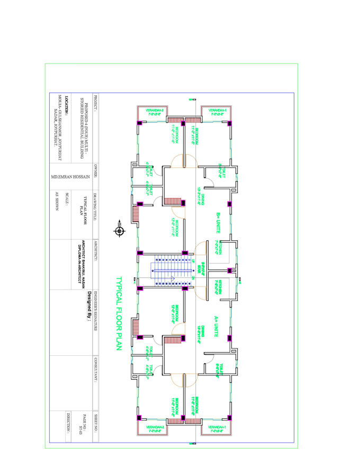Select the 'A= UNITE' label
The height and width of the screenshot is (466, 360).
217,326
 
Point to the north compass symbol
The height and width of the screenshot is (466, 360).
119,230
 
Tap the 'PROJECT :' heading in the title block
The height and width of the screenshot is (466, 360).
95,101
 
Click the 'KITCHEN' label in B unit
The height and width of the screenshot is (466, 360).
217,249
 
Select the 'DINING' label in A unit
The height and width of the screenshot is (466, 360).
199,330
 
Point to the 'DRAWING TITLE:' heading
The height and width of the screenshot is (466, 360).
95,206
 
